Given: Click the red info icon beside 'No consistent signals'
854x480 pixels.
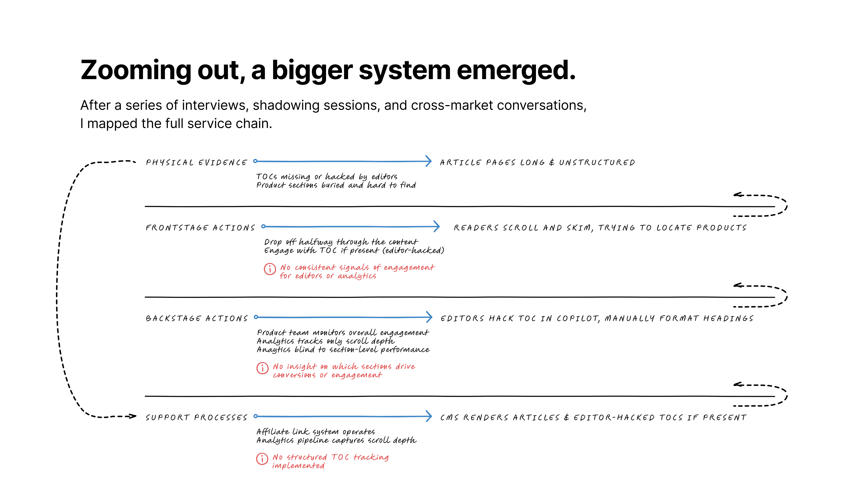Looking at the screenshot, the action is pyautogui.click(x=270, y=269).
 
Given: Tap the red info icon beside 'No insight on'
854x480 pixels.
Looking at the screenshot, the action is pyautogui.click(x=263, y=368).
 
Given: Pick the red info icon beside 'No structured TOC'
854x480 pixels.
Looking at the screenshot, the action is pyautogui.click(x=262, y=459).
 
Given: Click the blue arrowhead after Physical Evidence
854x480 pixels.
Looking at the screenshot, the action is pyautogui.click(x=428, y=161).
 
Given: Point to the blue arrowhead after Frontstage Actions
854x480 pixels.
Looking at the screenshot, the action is pyautogui.click(x=436, y=227).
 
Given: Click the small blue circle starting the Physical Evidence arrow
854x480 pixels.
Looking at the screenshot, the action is pyautogui.click(x=255, y=161).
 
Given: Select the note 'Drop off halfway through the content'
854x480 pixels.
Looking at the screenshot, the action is pyautogui.click(x=341, y=242).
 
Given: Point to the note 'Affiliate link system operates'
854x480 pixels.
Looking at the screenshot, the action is pyautogui.click(x=316, y=432).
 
